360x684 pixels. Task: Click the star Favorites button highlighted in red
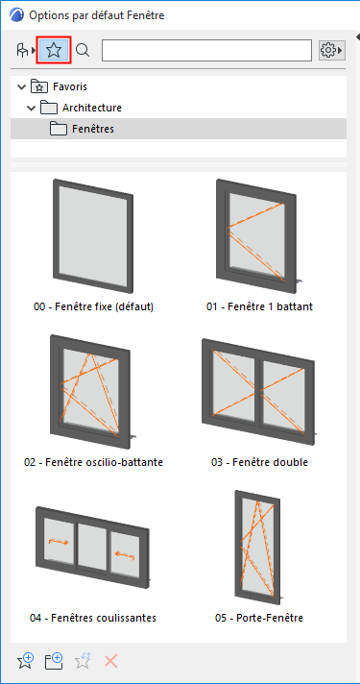point(54,51)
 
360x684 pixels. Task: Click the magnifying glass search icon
point(83,51)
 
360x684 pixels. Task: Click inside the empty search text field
point(206,51)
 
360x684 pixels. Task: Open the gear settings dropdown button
point(332,51)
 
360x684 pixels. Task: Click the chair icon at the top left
point(22,51)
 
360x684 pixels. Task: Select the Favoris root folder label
point(70,86)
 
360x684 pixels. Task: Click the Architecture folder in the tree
point(91,108)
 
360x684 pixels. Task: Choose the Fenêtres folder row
point(179,129)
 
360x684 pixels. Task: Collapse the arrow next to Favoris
point(20,86)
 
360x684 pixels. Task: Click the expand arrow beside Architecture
point(31,108)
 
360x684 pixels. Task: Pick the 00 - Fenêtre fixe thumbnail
point(93,235)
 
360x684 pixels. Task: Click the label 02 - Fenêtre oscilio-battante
point(94,462)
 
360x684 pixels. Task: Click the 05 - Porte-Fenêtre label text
point(259,618)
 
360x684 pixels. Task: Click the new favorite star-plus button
point(25,661)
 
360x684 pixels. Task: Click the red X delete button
point(111,661)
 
